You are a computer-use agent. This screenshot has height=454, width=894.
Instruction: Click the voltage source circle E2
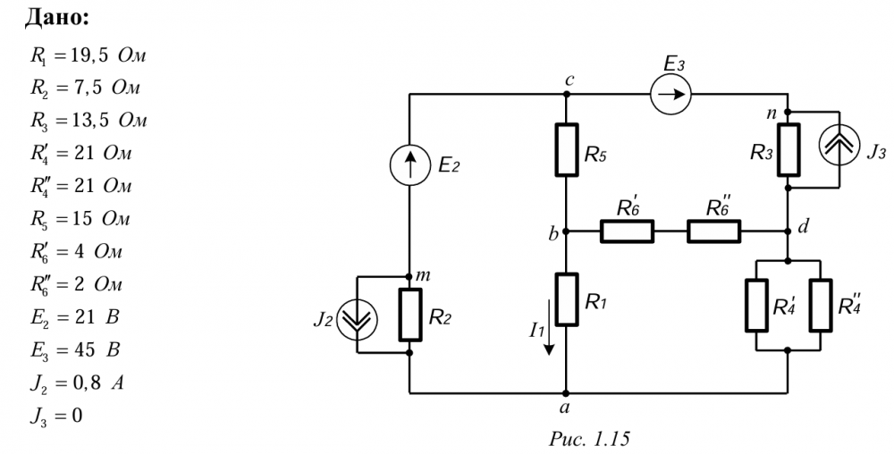pos(409,165)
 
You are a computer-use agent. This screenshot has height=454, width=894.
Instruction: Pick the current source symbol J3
pos(839,149)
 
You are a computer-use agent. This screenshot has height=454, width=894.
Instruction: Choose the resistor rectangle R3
pos(789,149)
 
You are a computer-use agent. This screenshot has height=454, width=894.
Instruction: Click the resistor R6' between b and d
pos(627,231)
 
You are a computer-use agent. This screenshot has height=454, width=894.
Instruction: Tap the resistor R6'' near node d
pos(713,231)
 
